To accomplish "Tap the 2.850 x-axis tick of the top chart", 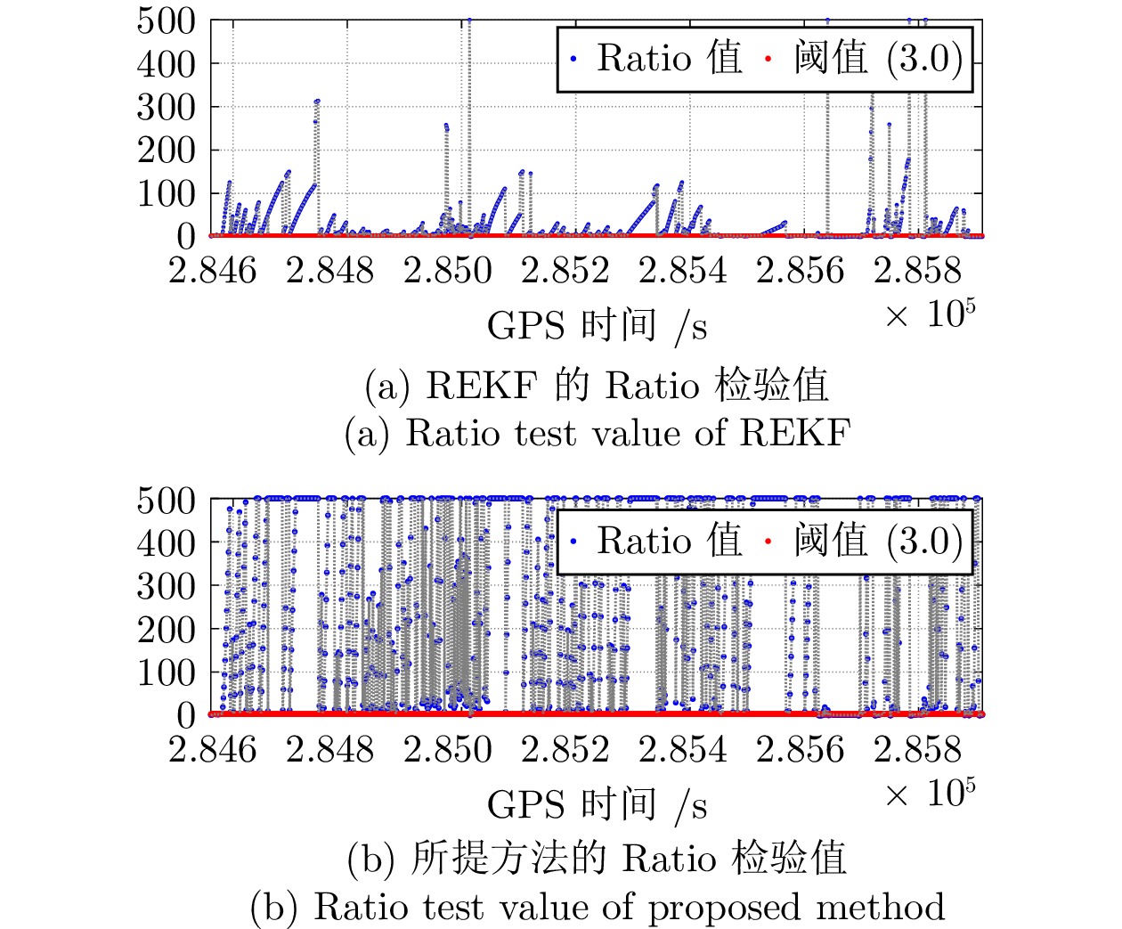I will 447,271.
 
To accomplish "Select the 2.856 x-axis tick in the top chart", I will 800,271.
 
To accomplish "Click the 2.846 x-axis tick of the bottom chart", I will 212,750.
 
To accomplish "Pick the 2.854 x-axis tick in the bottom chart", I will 682,750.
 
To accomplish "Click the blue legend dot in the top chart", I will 574,60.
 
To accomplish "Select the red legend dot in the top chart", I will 768,60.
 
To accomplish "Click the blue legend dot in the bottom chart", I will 574,542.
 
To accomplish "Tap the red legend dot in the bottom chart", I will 768,542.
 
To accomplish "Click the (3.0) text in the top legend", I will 924,59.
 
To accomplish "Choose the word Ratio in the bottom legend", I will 644,541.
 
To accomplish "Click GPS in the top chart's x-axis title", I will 523,326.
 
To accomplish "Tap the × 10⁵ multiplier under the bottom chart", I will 930,792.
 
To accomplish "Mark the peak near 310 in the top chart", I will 317,102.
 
